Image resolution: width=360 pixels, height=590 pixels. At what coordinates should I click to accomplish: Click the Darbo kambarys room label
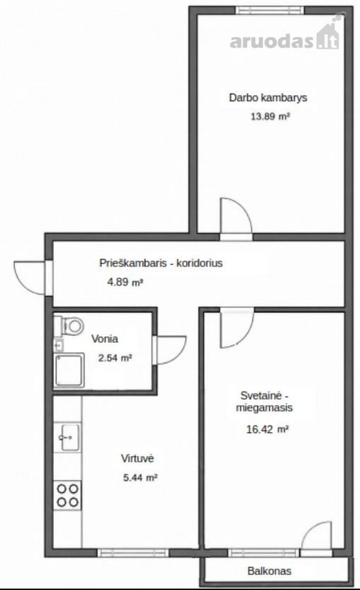click(x=268, y=98)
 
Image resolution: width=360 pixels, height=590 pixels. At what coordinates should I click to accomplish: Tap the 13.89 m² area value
click(x=270, y=116)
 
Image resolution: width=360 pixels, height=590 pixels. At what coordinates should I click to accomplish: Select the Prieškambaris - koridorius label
click(x=161, y=263)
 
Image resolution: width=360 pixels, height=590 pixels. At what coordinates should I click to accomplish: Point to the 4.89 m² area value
click(x=125, y=282)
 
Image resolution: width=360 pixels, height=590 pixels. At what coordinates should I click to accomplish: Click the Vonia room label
click(x=105, y=339)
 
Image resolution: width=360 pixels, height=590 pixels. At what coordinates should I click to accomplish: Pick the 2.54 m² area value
click(x=115, y=358)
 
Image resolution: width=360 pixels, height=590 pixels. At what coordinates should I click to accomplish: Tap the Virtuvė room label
click(x=138, y=458)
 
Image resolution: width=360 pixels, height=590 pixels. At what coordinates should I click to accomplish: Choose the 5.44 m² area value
click(x=140, y=477)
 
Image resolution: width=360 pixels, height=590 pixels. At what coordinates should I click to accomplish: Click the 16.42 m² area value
click(x=268, y=429)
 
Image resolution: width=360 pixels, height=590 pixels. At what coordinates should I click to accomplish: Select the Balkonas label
click(x=270, y=571)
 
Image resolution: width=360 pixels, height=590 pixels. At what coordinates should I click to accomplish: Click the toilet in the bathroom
click(x=69, y=325)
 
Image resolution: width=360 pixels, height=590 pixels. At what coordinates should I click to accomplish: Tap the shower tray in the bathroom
click(x=69, y=370)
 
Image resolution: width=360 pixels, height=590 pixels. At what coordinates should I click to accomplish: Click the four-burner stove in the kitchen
click(x=68, y=496)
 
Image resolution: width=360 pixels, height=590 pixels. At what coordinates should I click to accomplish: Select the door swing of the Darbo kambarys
click(x=236, y=216)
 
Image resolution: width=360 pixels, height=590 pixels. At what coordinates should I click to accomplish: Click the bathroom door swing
click(x=171, y=350)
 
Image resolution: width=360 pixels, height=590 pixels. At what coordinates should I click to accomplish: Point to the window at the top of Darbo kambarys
click(x=270, y=10)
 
